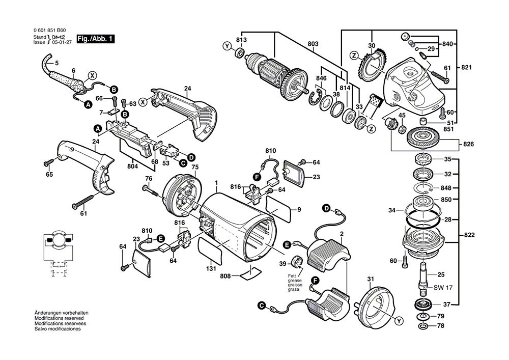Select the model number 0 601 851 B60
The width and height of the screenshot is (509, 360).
(x=49, y=31)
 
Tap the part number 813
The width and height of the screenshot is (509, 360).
(x=241, y=40)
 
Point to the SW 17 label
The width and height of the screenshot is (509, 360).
(x=443, y=288)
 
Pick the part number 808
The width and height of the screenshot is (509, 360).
(x=225, y=276)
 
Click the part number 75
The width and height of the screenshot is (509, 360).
(x=194, y=167)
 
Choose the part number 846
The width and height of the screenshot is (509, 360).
(x=321, y=78)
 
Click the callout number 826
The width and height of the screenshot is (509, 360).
(x=469, y=145)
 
